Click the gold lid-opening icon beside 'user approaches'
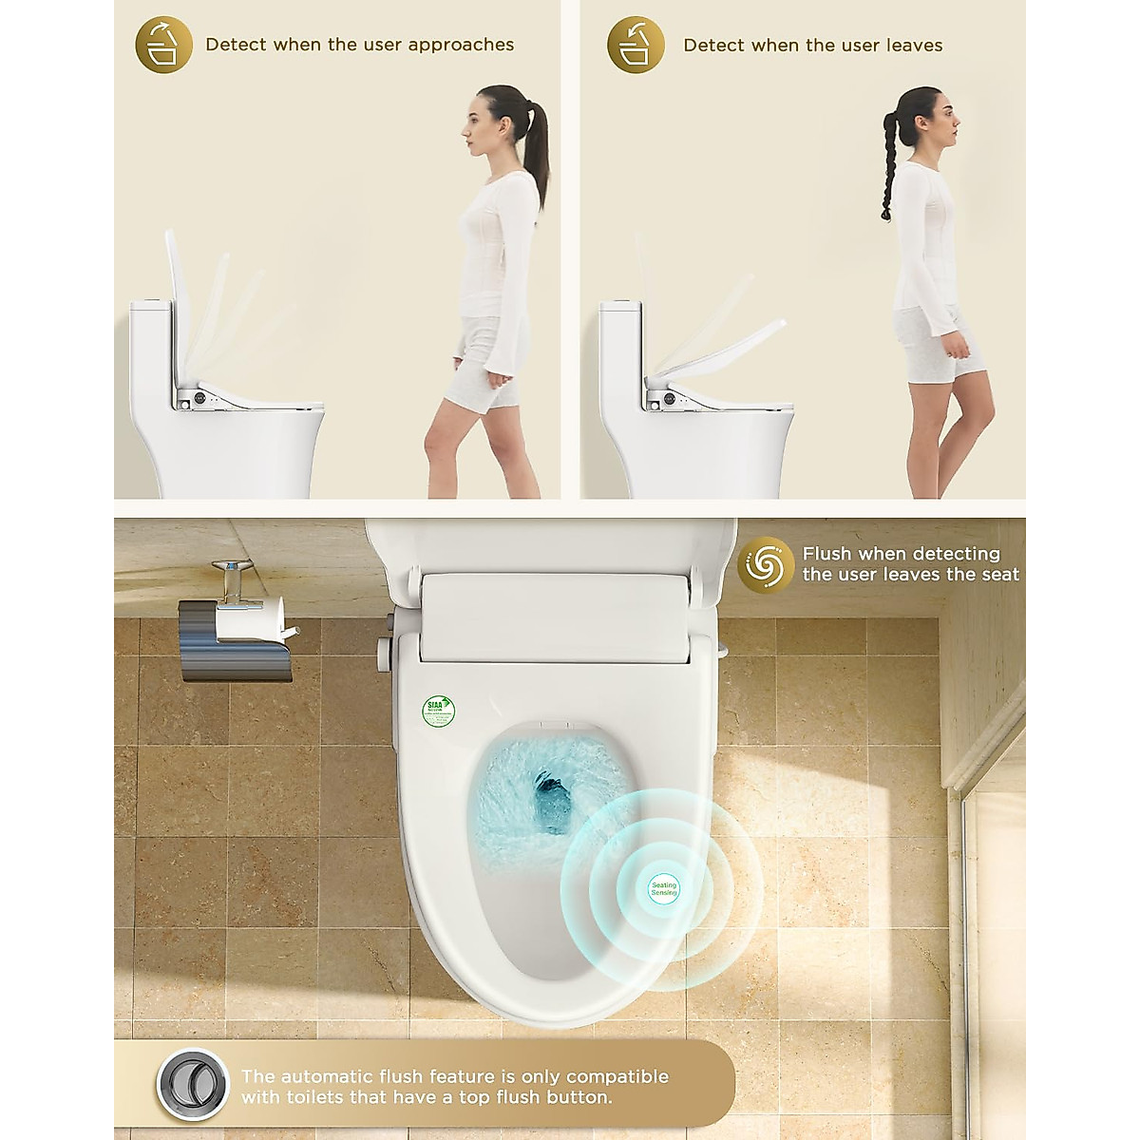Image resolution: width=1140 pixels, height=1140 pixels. pyautogui.click(x=163, y=45)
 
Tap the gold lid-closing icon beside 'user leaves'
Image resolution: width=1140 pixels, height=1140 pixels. pyautogui.click(x=636, y=45)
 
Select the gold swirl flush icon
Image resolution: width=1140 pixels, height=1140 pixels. pyautogui.click(x=765, y=564)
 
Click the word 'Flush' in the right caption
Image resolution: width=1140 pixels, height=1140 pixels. pyautogui.click(x=827, y=554)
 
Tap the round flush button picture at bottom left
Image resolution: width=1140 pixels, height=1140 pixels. pyautogui.click(x=193, y=1086)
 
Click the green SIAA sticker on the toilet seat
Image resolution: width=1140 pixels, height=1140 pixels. pyautogui.click(x=438, y=710)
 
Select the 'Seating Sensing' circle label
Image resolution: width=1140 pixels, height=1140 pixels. pyautogui.click(x=663, y=889)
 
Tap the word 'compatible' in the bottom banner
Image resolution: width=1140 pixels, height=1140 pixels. pyautogui.click(x=617, y=1076)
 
